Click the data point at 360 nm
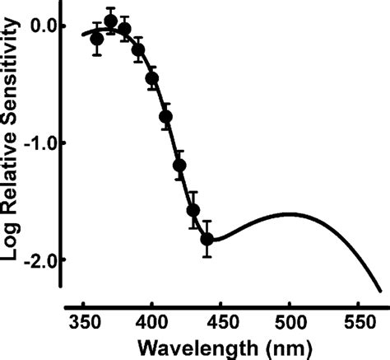coord(97,39)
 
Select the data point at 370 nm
coord(111,21)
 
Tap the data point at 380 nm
coord(125,29)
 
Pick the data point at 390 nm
coord(138,49)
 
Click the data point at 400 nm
coord(152,78)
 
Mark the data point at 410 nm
coord(166,116)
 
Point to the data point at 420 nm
coord(179,165)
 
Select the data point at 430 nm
coord(193,210)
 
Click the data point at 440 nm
coord(207,239)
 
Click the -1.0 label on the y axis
coord(38,143)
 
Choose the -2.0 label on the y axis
coord(38,259)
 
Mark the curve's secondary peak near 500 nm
coord(290,214)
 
